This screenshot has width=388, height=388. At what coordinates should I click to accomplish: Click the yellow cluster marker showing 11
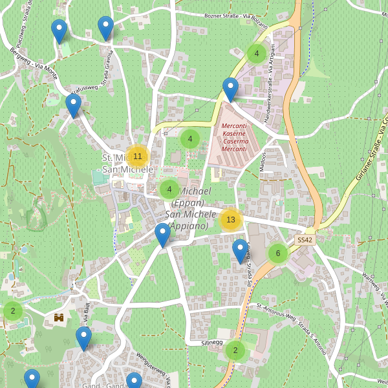pyautogui.click(x=137, y=156)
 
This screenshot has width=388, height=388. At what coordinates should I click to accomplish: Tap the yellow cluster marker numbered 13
pyautogui.click(x=231, y=220)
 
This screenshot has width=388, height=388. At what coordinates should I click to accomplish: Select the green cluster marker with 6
pyautogui.click(x=278, y=253)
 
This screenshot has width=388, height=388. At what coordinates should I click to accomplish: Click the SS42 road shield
pyautogui.click(x=305, y=240)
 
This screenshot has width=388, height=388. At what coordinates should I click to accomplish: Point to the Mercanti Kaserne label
pyautogui.click(x=234, y=137)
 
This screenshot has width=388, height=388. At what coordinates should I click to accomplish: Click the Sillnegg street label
pyautogui.click(x=211, y=342)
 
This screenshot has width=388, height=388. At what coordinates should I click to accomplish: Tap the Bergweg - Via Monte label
pyautogui.click(x=34, y=60)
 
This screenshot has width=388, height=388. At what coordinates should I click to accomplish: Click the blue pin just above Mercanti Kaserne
pyautogui.click(x=230, y=89)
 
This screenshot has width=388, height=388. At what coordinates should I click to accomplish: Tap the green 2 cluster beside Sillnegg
pyautogui.click(x=235, y=350)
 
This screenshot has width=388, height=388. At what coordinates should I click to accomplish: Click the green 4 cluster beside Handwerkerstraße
pyautogui.click(x=257, y=54)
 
